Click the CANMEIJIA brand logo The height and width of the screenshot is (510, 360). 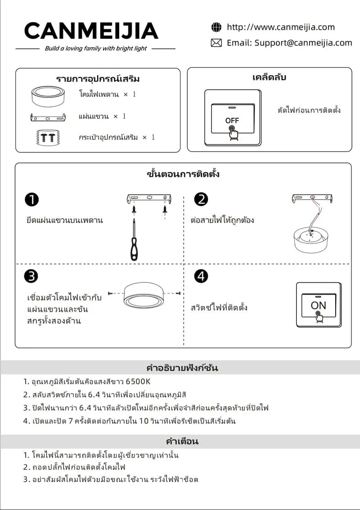click(x=91, y=31)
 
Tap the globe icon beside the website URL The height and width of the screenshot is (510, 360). click(x=216, y=27)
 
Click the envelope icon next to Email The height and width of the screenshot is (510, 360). click(x=216, y=43)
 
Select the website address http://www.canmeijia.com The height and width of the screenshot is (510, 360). click(x=281, y=27)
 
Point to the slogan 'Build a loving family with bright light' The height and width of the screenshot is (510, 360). click(x=96, y=49)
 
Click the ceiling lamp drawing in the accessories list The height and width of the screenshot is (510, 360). click(x=48, y=96)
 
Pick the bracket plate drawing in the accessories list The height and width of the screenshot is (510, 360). click(x=48, y=117)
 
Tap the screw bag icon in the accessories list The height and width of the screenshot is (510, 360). click(x=48, y=138)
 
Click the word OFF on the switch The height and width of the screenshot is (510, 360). click(x=232, y=121)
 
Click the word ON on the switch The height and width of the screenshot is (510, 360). click(x=318, y=305)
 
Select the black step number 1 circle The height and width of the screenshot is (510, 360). click(x=31, y=199)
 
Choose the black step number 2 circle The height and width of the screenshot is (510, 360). click(x=201, y=199)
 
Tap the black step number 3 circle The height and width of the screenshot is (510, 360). click(x=31, y=276)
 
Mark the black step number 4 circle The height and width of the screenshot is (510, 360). click(x=201, y=276)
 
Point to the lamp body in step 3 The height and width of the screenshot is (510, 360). click(x=143, y=295)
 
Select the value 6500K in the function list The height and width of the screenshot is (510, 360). click(x=138, y=381)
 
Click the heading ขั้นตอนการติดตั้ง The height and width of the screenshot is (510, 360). click(x=183, y=174)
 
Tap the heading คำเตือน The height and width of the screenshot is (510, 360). click(x=182, y=441)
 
